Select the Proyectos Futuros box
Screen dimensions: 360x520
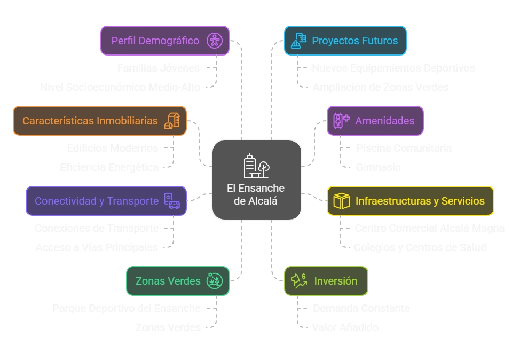(345, 41)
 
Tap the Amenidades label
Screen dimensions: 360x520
(384, 121)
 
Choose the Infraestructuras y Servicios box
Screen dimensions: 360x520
(410, 201)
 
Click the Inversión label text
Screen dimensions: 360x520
(335, 281)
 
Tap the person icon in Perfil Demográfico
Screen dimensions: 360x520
(215, 41)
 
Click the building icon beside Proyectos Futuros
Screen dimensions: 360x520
(296, 41)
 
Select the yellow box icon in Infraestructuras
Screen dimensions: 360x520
(341, 201)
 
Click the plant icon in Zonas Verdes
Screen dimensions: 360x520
(215, 281)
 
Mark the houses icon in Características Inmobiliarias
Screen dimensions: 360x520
(171, 121)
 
